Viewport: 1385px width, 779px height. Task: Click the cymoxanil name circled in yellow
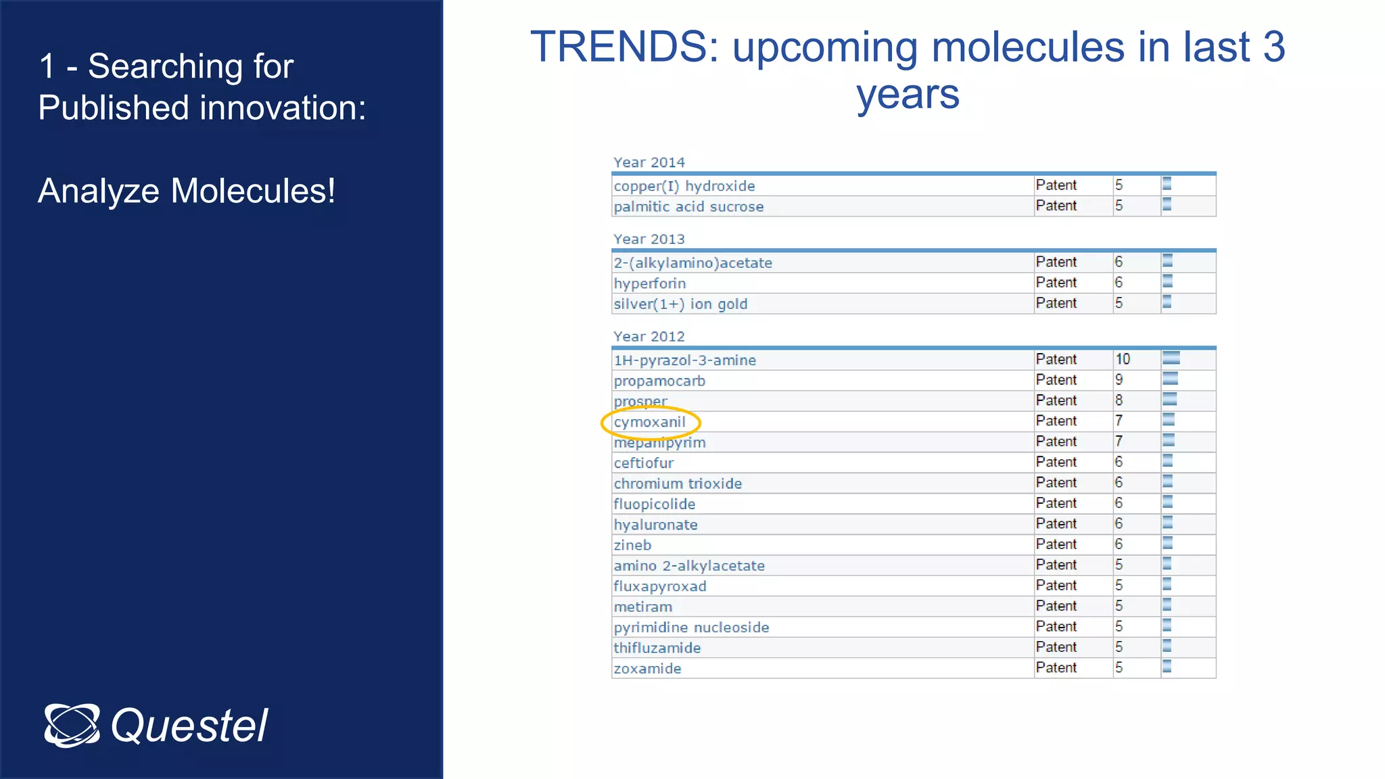point(649,422)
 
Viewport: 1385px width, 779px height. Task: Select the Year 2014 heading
point(649,162)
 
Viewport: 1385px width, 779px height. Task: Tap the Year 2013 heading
point(649,239)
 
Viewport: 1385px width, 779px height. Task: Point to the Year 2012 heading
point(649,337)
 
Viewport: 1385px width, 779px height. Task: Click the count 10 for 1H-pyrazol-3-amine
point(1123,359)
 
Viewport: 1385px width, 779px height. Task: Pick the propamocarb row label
point(659,381)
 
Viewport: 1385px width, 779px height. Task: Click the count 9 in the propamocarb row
point(1119,380)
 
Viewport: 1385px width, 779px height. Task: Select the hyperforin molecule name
point(649,283)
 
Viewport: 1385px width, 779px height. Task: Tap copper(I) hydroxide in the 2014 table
point(684,186)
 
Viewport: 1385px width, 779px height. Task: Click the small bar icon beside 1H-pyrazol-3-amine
point(1171,358)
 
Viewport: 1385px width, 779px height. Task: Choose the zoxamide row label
point(647,669)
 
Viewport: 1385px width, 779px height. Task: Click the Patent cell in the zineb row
point(1056,544)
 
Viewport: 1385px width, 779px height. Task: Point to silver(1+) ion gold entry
point(680,304)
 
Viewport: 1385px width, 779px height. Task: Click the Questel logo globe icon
point(72,726)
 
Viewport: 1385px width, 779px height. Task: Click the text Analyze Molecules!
point(187,191)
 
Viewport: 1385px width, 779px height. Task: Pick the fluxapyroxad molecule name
point(659,586)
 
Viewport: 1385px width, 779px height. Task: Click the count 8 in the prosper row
point(1119,400)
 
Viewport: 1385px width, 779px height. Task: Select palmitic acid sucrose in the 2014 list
point(688,207)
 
